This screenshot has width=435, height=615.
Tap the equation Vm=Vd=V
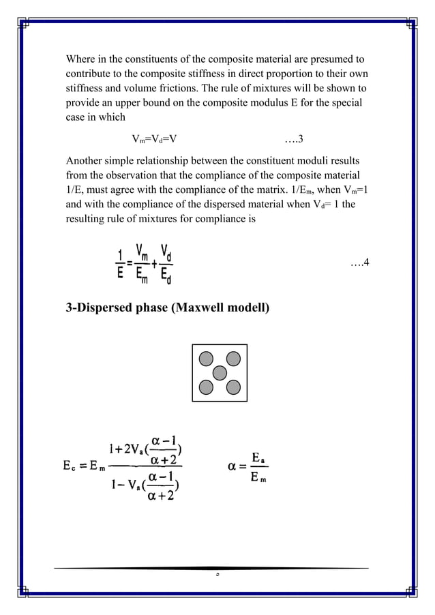[x=155, y=141]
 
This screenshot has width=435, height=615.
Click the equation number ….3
[x=294, y=141]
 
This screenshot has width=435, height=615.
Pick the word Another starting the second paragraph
[x=87, y=162]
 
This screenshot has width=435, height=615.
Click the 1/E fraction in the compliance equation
[x=119, y=264]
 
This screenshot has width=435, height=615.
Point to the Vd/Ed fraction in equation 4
[x=165, y=262]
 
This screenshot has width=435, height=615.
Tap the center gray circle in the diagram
[x=219, y=372]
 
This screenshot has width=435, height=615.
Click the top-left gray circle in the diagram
[x=205, y=358]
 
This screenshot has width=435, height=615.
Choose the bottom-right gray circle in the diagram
[x=233, y=387]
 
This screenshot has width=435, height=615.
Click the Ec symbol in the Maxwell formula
[x=67, y=468]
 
